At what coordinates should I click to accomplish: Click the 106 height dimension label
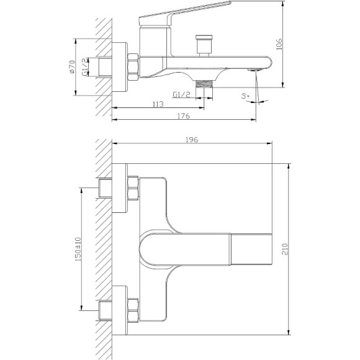tap(279, 44)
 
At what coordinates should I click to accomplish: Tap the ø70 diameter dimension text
tap(72, 67)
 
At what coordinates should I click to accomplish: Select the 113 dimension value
tap(158, 104)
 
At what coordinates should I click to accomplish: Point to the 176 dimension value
tap(184, 116)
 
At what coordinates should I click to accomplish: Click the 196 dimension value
tap(192, 140)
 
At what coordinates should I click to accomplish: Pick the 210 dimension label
tap(285, 249)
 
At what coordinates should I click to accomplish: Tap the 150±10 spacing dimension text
tap(78, 250)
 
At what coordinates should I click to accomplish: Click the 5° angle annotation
tap(245, 96)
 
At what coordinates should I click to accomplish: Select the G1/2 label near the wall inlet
tap(85, 67)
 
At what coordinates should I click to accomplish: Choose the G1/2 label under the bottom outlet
tap(182, 94)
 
